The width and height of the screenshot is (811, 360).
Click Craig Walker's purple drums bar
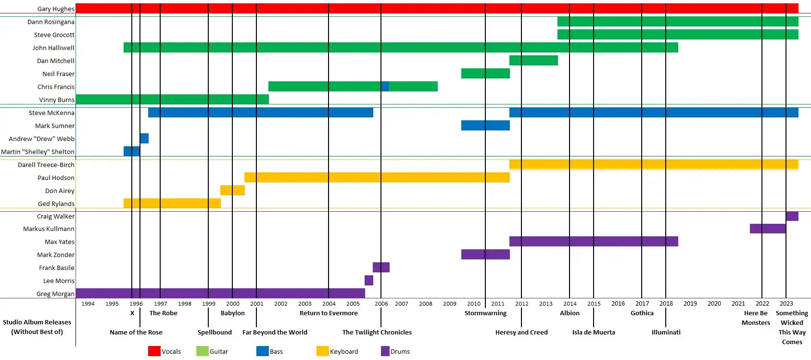792,216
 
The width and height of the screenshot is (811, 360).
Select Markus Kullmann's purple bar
767,229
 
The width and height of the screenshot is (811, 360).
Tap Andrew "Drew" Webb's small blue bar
144,139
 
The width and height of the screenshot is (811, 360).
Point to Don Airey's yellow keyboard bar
232,191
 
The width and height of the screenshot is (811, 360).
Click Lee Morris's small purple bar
369,280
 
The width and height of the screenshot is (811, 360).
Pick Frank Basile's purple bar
381,267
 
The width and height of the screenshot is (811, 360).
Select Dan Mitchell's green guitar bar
533,61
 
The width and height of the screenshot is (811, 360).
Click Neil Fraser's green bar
485,74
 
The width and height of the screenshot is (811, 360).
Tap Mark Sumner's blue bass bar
485,126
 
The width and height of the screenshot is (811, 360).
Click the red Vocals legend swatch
154,351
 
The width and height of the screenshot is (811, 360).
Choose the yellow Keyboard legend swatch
322,351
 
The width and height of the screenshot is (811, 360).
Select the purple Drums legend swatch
385,351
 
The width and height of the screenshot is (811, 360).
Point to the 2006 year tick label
381,304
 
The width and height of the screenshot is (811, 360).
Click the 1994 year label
88,304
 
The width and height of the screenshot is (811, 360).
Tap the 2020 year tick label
714,304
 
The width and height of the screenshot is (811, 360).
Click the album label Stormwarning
485,313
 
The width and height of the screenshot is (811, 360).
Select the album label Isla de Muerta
594,333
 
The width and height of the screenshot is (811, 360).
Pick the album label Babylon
233,313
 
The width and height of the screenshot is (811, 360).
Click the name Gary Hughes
56,9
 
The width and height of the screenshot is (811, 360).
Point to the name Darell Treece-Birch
46,165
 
